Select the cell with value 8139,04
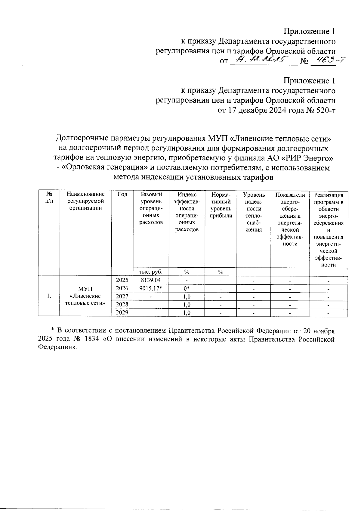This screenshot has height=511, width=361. click(151, 280)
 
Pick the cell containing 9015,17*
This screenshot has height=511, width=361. click(151, 288)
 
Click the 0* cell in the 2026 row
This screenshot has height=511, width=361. click(187, 288)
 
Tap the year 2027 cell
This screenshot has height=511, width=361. click(122, 296)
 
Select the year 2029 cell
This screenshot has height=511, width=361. click(122, 312)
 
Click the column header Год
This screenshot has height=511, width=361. click(122, 195)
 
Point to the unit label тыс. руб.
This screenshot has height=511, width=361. click(151, 272)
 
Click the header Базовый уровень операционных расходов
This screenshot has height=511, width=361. click(151, 208)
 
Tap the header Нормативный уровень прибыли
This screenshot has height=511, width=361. click(221, 205)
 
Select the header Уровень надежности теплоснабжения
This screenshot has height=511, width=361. click(254, 212)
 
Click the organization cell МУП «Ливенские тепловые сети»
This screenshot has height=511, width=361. click(85, 296)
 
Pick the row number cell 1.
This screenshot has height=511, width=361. click(49, 296)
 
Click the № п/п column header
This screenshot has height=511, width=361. click(49, 198)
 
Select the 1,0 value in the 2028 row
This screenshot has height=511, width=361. click(187, 304)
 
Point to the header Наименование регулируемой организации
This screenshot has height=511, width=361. click(85, 201)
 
